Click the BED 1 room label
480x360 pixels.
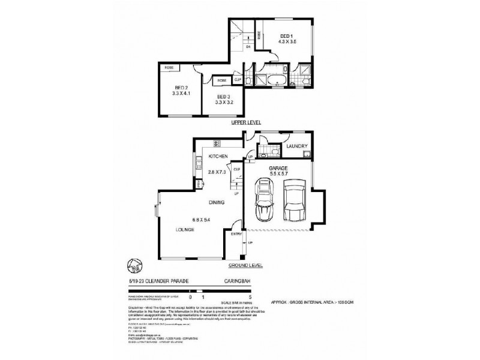[x=286, y=37]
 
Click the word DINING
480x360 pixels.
[x=217, y=203]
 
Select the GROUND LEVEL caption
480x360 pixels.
[x=245, y=263]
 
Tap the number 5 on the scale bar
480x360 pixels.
[x=257, y=296]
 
